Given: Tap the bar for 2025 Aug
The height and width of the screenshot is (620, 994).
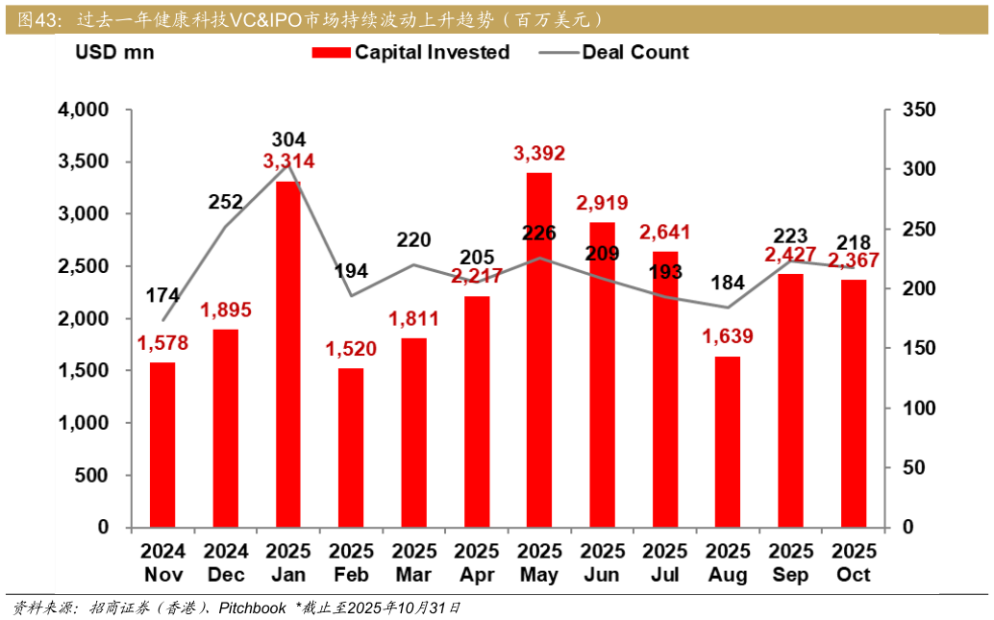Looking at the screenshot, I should [728, 442].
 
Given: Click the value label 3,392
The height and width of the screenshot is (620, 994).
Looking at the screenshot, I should [539, 154].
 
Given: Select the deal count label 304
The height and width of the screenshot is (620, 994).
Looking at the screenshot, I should [288, 139].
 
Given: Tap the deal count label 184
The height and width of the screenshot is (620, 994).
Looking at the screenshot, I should [727, 284].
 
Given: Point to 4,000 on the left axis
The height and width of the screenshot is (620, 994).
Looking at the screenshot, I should [84, 111].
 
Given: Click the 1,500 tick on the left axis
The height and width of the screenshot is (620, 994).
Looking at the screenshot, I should [84, 371].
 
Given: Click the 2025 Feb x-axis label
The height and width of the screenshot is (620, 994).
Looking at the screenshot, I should [351, 563].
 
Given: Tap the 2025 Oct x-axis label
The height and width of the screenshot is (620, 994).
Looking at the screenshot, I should [853, 563].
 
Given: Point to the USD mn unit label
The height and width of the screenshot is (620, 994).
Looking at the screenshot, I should [114, 53].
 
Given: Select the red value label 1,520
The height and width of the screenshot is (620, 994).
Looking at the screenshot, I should [351, 349].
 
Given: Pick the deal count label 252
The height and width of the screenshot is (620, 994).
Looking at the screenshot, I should [226, 202].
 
